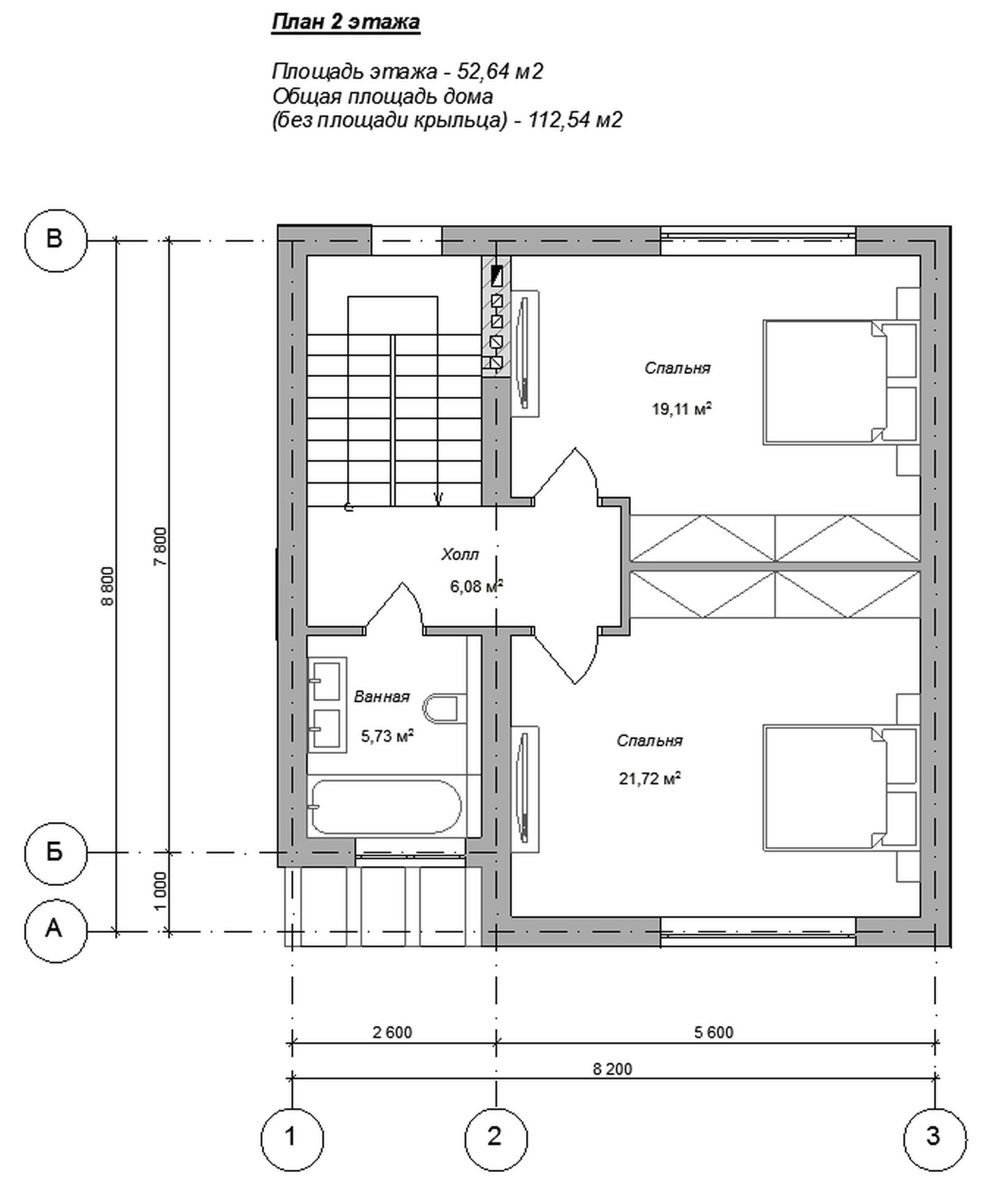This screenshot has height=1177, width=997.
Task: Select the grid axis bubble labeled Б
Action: click(55, 853)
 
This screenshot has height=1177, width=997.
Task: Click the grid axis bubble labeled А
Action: click(55, 931)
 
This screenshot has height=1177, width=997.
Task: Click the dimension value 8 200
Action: click(612, 1069)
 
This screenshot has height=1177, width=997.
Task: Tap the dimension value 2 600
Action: click(392, 1032)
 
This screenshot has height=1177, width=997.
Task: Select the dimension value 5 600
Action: click(714, 1032)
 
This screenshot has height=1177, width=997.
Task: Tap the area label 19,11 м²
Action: click(681, 408)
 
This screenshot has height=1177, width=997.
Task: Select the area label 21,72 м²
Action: click(650, 779)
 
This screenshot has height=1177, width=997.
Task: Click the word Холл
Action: click(460, 555)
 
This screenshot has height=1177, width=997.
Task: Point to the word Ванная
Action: click(381, 697)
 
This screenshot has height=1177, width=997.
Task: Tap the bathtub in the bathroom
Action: click(386, 806)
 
